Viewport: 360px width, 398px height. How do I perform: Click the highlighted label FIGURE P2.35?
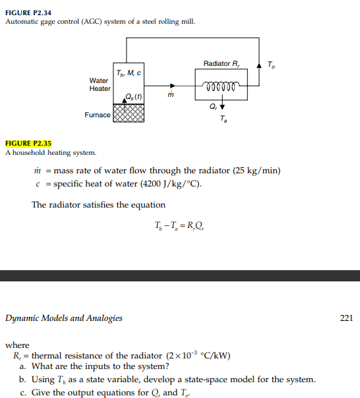tap(28, 143)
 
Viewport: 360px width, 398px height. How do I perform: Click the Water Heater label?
tap(100, 85)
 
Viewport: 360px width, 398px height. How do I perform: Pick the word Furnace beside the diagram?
tap(98, 115)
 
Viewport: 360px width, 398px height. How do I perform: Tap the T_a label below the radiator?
tap(223, 120)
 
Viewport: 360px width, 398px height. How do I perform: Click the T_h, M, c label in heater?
tap(127, 72)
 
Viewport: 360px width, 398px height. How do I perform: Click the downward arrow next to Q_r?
tap(222, 106)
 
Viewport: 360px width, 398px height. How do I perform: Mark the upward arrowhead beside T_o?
tap(260, 63)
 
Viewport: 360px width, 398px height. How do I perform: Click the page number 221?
tap(346, 318)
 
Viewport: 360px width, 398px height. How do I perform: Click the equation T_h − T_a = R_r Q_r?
tap(179, 228)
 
